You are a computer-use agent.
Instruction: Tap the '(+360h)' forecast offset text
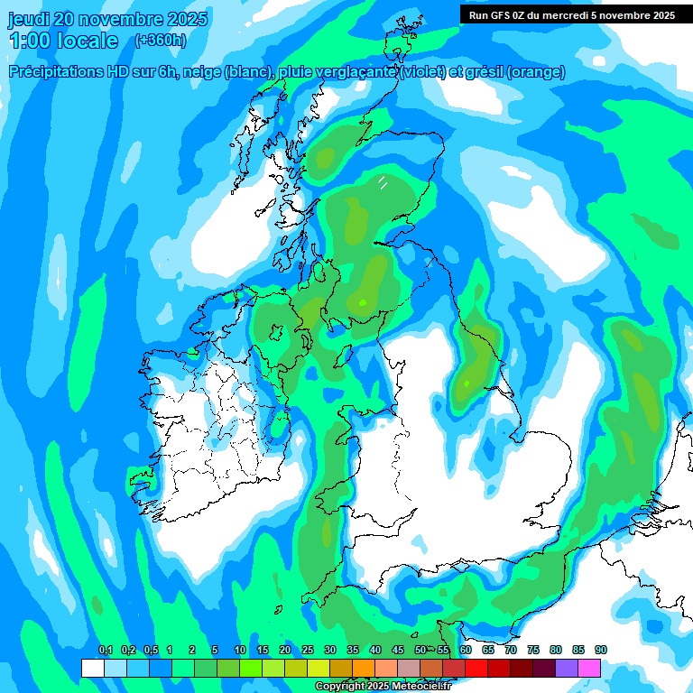tap(161, 40)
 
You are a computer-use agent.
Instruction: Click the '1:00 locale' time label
tap(63, 41)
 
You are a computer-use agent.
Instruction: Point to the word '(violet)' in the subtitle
tap(421, 72)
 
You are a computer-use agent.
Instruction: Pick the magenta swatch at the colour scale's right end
tap(589, 669)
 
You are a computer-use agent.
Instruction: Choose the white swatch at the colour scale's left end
tap(92, 669)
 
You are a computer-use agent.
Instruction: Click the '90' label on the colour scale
tap(601, 650)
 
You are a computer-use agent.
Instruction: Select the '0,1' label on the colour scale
tap(105, 650)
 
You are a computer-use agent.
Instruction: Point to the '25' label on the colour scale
tap(308, 650)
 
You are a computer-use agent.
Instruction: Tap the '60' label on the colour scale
tap(466, 650)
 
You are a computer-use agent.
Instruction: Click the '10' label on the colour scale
tap(240, 650)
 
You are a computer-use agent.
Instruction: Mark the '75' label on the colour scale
tap(533, 650)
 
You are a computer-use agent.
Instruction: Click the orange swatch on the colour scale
tap(364, 669)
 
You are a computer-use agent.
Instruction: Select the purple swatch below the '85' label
tap(567, 669)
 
